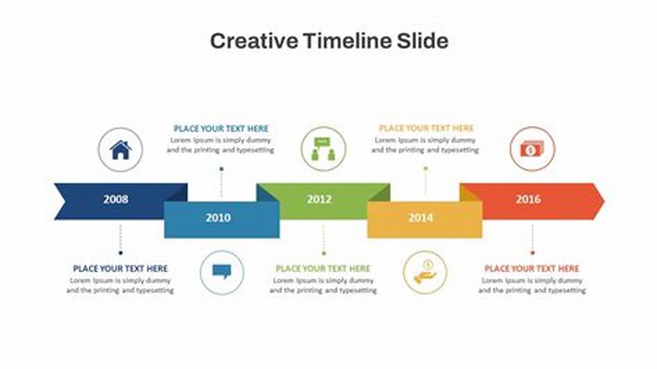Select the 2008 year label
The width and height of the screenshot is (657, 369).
point(116,199)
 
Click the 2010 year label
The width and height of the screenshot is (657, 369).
point(218,218)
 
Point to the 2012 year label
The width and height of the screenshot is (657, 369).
point(319,199)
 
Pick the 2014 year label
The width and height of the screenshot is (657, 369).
point(421,218)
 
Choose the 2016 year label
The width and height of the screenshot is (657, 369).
point(528,199)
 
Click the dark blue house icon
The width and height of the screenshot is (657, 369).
point(121,150)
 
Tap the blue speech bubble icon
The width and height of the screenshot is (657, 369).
point(222,272)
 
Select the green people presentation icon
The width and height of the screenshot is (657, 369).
point(323,149)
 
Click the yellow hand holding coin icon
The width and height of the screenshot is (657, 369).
point(425,272)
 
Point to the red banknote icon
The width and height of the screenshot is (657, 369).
point(532,149)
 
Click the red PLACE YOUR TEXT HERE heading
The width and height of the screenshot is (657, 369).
point(532,269)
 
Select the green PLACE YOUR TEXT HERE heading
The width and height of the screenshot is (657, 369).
point(323,269)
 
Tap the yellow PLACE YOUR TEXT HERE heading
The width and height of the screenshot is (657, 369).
point(426,128)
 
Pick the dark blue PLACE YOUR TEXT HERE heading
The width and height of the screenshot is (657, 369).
point(120,269)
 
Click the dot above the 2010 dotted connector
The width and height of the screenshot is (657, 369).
point(221,169)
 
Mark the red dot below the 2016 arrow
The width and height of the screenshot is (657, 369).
point(533,253)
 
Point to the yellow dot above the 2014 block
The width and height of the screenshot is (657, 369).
point(426,169)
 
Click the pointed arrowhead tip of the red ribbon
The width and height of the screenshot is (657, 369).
point(604,201)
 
